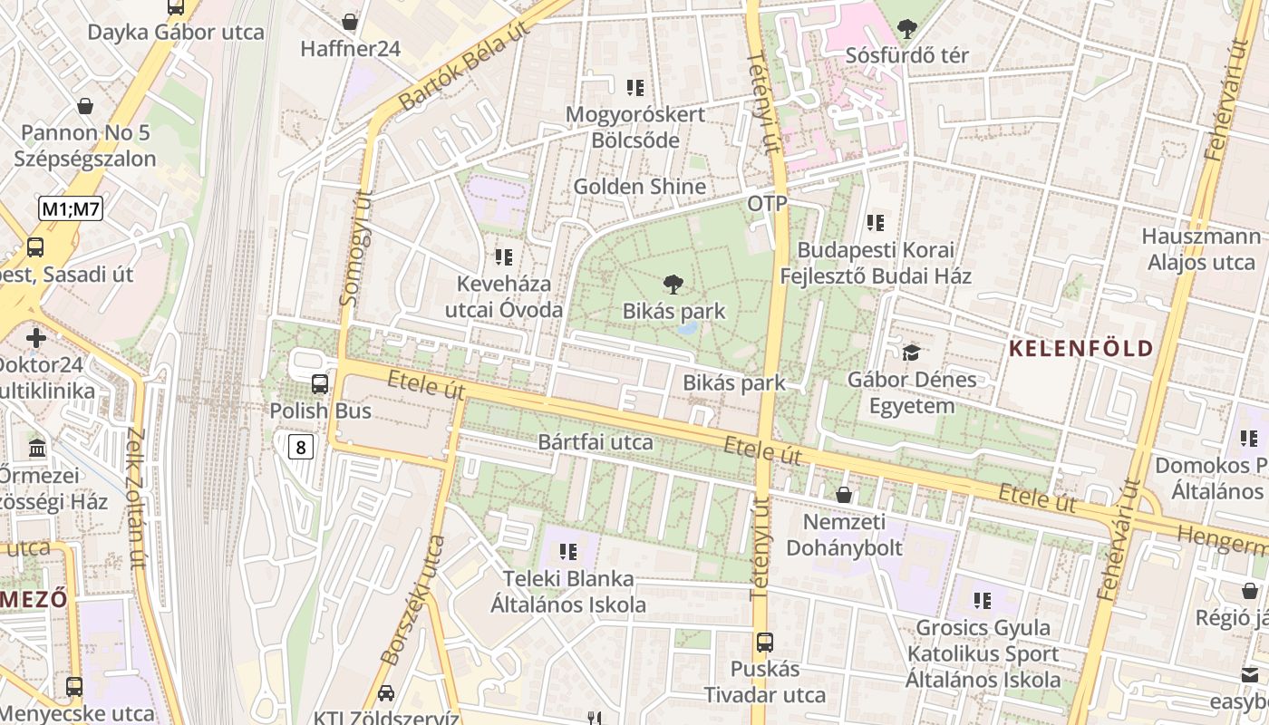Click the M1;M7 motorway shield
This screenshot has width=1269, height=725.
pos(71,209)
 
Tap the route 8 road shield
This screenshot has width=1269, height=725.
pos(302,446)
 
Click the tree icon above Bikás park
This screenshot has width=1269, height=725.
pos(673,285)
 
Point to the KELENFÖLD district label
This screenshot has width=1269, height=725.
pos(1081,348)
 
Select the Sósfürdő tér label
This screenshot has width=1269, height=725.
pos(906,55)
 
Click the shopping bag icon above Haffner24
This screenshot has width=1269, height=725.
pos(350,22)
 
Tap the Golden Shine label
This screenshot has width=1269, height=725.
pos(639,187)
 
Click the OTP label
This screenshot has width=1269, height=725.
pos(767,203)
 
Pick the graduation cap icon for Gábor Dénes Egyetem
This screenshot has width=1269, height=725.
pos(911,353)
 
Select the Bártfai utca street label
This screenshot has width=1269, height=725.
pos(596,442)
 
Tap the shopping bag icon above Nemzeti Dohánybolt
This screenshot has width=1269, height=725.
pos(844,495)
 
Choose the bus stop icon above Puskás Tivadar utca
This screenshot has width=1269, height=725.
pos(765,643)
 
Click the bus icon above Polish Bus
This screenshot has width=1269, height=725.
pos(320,384)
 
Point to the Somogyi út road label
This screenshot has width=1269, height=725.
pos(355,247)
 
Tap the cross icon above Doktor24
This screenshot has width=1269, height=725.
pos(36,338)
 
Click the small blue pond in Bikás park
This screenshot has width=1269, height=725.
pos(686,327)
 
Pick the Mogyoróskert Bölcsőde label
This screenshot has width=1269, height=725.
pos(634,127)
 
